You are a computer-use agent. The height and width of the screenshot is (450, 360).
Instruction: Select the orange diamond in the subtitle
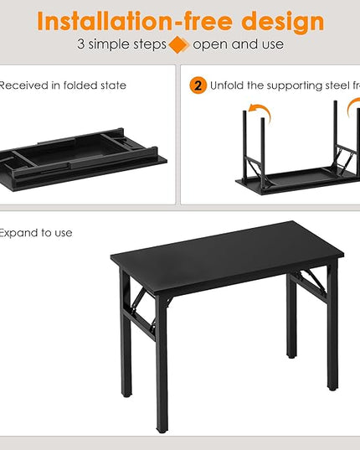(x=177, y=44)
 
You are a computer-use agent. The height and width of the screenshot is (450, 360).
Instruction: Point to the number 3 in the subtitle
(x=80, y=44)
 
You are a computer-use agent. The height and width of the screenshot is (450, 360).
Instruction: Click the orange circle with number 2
(x=198, y=85)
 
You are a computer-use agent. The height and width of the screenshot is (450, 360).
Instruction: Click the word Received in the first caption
(x=26, y=85)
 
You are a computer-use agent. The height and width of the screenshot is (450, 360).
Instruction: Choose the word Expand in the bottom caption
(x=19, y=233)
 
